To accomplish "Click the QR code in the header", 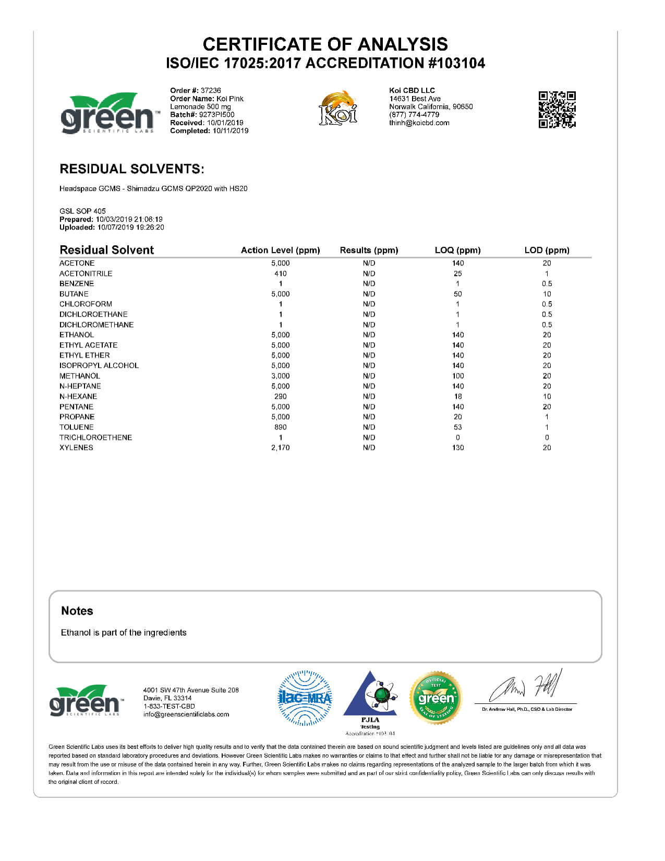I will (557, 110).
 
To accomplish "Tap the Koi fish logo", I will (338, 108).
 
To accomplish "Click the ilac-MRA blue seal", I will (305, 698).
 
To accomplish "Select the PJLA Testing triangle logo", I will (370, 697).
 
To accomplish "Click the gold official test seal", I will (436, 698).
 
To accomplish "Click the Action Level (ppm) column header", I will (280, 250).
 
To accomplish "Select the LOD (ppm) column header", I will (547, 250).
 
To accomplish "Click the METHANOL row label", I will (80, 376).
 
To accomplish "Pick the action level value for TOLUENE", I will (281, 427).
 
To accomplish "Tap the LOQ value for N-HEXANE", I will (458, 397).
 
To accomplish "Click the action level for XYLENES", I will (281, 448).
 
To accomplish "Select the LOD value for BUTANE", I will (547, 294).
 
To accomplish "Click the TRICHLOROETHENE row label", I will (95, 438).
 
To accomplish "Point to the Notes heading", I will (77, 611).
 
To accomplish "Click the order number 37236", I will (211, 90).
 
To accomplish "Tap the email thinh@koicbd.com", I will (419, 123).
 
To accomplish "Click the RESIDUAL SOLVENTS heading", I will (132, 169).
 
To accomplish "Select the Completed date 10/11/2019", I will (230, 131).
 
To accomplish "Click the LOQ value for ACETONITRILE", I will (458, 273).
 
